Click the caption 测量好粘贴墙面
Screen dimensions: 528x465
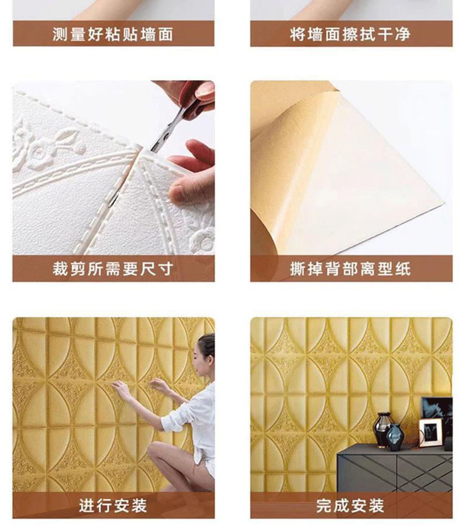(113, 35)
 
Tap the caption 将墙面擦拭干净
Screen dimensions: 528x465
(350, 35)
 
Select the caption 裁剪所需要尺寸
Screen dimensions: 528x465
(113, 269)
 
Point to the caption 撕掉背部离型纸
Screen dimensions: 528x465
(350, 269)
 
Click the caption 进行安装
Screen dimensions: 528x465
(113, 505)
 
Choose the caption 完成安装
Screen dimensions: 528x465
(350, 505)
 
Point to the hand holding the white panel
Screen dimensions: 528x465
(190, 176)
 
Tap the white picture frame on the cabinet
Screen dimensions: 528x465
(430, 433)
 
